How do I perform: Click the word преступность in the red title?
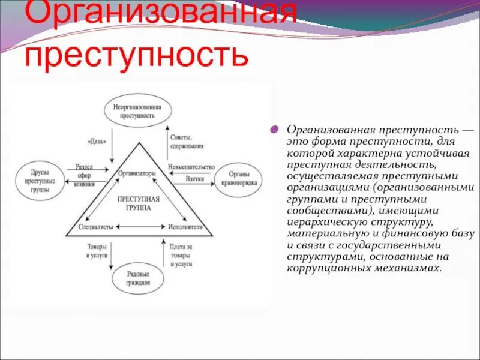pos(136,55)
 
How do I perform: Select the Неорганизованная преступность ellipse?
pos(137,110)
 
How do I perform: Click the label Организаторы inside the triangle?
pos(137,173)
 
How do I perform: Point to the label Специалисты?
pos(95,227)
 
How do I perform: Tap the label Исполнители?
pos(184,227)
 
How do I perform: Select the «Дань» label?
pos(97,142)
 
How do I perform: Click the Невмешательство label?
pos(191,169)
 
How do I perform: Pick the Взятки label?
pos(195,179)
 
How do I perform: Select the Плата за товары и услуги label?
pos(181,254)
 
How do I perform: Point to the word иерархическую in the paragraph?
pos(322,221)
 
